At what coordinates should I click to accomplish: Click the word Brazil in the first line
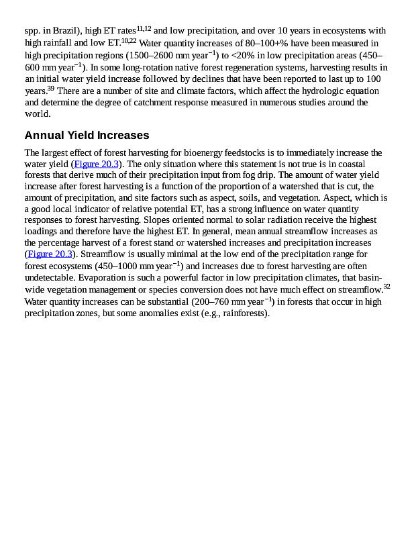coord(56,31)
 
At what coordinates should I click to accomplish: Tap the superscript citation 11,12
coord(144,28)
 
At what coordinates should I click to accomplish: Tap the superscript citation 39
coord(51,88)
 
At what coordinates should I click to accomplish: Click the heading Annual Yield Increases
coord(87,136)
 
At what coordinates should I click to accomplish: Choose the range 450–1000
coord(119,265)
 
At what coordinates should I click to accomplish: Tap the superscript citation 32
coord(386,285)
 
